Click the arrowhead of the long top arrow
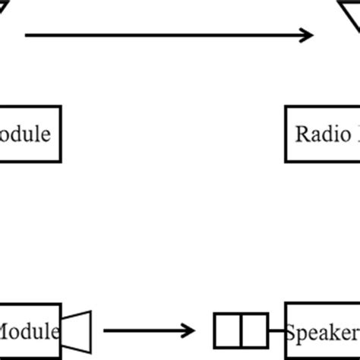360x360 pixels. click(307, 35)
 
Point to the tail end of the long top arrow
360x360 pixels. click(27, 35)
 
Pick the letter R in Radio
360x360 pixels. click(302, 134)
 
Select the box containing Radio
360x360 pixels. click(323, 134)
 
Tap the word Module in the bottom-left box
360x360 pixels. click(28, 332)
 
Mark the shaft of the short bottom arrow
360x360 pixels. click(141, 330)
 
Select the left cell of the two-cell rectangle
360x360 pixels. click(227, 330)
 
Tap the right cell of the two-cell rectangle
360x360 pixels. click(254, 330)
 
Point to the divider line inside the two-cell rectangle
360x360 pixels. click(241, 330)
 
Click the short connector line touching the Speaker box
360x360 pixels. click(276, 330)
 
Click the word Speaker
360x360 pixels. click(323, 333)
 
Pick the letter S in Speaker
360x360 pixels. click(292, 332)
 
